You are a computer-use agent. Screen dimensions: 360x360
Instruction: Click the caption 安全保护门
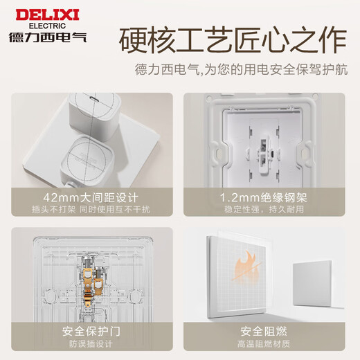click(91, 330)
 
